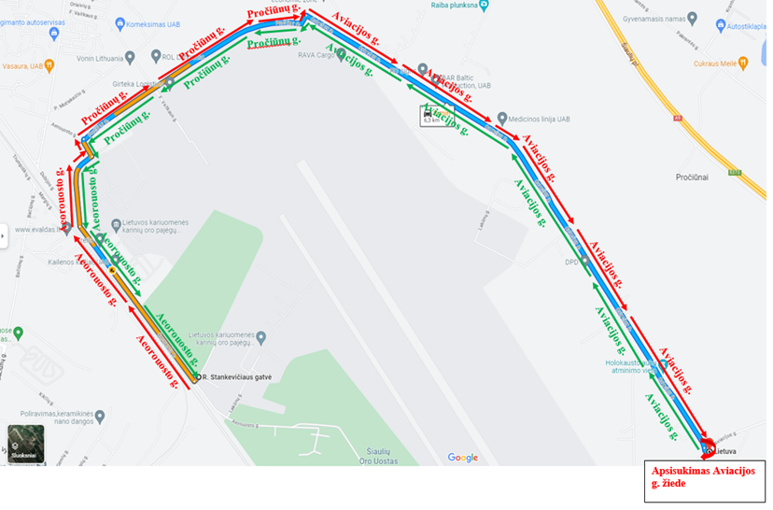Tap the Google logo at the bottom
click(462, 458)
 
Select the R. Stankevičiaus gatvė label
click(237, 377)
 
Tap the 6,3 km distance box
click(433, 115)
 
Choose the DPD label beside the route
click(572, 262)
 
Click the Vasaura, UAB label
click(22, 65)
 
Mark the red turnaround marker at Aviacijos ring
click(707, 446)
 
